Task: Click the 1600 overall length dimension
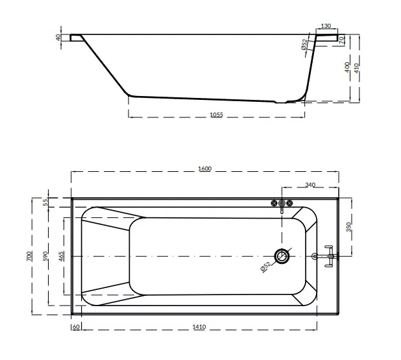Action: point(204,169)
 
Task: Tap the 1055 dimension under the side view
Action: point(216,115)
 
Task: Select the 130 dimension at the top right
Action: point(326,26)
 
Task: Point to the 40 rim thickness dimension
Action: point(58,38)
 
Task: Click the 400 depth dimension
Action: point(347,67)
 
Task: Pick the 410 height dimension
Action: point(357,68)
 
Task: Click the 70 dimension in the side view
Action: point(341,40)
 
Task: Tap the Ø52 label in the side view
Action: point(304,45)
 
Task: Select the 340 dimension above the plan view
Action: point(310,185)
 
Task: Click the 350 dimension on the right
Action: point(349,227)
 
